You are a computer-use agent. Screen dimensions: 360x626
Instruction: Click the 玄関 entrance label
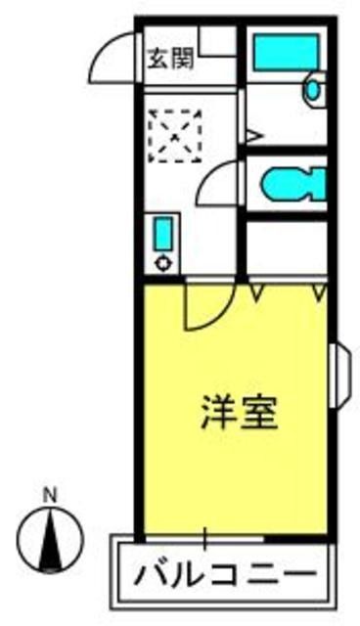pos(171,59)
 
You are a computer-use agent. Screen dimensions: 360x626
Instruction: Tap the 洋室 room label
pos(239,413)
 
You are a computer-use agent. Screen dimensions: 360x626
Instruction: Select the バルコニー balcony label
pos(226,575)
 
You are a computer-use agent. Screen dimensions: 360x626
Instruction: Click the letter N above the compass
pos(50,495)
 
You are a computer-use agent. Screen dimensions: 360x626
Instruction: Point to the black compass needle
pos(50,541)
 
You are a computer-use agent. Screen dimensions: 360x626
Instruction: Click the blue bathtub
pos(286,52)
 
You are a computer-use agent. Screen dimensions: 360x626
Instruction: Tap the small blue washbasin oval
pos(313,90)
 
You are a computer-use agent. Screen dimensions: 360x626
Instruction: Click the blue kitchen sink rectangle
pos(164,234)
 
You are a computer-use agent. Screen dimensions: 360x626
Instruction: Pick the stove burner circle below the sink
pos(164,264)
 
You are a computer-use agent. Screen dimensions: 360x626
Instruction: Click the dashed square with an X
pos(174,136)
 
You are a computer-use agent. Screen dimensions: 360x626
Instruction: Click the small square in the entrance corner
pos(218,41)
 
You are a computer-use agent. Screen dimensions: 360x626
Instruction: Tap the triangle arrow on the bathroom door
pos(254,136)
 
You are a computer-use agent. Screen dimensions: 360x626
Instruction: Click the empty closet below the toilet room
pos(287,247)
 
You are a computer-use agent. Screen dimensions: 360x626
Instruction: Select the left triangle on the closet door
pos(256,291)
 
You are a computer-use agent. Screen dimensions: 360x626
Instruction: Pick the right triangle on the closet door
pos(319,291)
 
